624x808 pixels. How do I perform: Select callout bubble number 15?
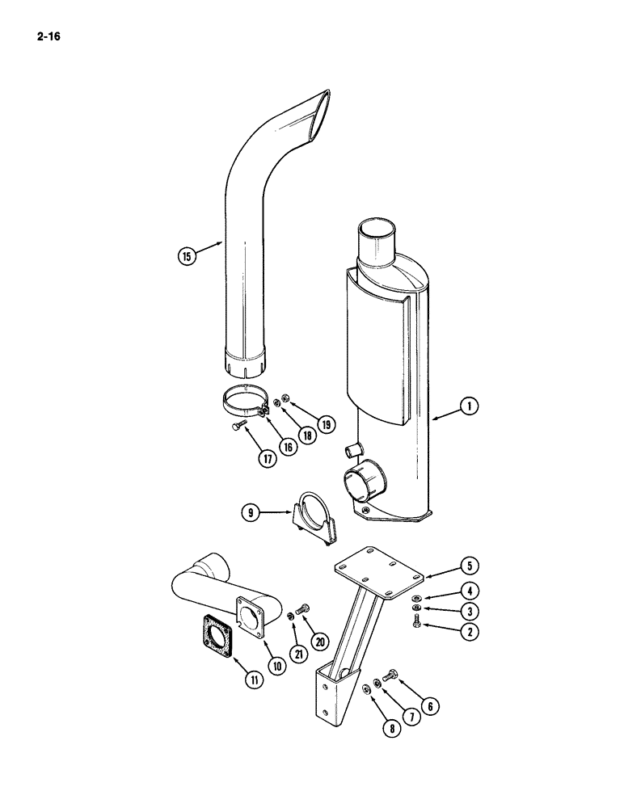(x=187, y=257)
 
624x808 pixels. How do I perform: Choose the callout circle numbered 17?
(x=268, y=457)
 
